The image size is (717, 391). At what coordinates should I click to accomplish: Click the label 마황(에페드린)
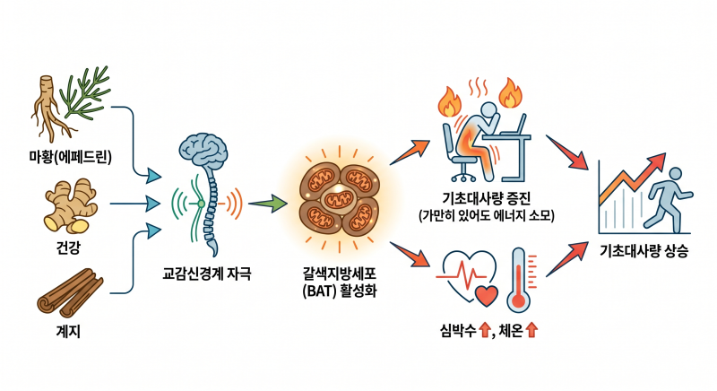pyautogui.click(x=70, y=157)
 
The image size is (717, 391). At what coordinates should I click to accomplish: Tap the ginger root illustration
pyautogui.click(x=71, y=205)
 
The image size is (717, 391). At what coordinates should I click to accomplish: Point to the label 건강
pyautogui.click(x=68, y=248)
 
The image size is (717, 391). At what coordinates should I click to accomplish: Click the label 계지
pyautogui.click(x=68, y=332)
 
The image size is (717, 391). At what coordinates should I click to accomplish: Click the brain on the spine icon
pyautogui.click(x=203, y=149)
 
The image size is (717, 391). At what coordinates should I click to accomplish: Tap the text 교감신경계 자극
pyautogui.click(x=207, y=274)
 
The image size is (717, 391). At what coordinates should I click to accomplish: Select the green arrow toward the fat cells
pyautogui.click(x=267, y=204)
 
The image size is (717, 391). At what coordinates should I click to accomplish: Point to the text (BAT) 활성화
pyautogui.click(x=340, y=291)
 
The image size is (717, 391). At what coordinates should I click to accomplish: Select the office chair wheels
pyautogui.click(x=463, y=176)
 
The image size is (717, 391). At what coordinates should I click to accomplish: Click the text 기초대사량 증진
pyautogui.click(x=486, y=198)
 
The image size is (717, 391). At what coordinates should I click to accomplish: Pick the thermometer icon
pyautogui.click(x=519, y=280)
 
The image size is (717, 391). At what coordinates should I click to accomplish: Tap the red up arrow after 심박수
pyautogui.click(x=485, y=330)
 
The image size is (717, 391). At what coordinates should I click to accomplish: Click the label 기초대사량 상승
pyautogui.click(x=644, y=250)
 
